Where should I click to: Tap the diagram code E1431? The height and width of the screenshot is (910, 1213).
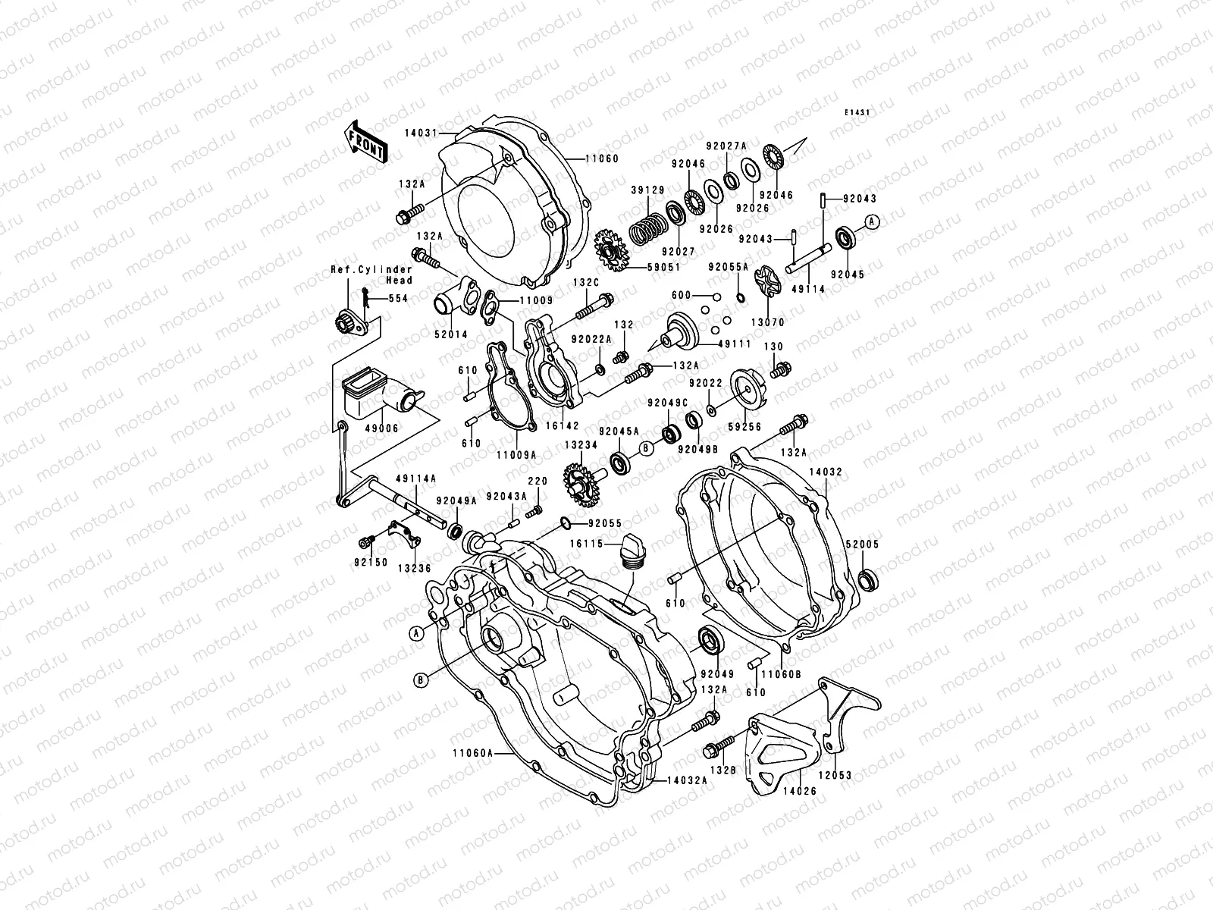(x=858, y=112)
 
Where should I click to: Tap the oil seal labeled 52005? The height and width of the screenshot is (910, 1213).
(x=868, y=580)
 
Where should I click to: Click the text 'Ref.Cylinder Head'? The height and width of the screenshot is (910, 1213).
(x=371, y=275)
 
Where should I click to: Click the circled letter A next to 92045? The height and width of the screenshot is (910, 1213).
(x=872, y=221)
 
